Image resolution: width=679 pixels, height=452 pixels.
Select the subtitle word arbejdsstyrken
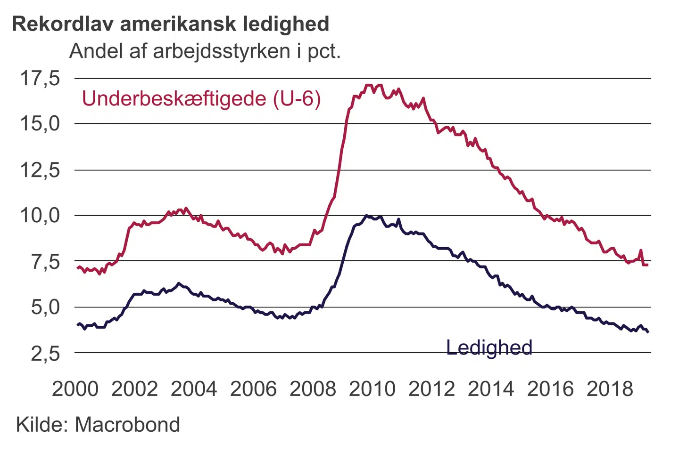[x=221, y=51]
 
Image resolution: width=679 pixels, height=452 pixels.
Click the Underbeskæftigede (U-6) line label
[x=201, y=99]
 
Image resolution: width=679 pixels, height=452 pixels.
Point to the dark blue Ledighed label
[x=489, y=347]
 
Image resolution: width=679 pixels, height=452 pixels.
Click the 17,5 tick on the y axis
[x=40, y=78]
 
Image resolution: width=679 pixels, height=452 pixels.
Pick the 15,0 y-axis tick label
[x=40, y=124]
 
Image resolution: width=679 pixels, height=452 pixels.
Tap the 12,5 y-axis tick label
[x=40, y=170]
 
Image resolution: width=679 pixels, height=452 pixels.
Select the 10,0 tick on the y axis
[x=40, y=216]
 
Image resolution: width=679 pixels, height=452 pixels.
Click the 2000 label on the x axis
[x=75, y=389]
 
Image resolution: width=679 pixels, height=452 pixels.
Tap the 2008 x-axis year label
[x=313, y=389]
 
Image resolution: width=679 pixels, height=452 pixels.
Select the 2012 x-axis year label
[x=431, y=389]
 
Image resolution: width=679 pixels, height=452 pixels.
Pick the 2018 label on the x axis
[x=610, y=389]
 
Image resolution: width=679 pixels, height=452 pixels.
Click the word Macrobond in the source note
[x=127, y=425]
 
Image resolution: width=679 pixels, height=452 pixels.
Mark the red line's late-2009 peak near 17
[x=369, y=86]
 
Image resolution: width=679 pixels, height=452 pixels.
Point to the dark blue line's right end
[x=648, y=332]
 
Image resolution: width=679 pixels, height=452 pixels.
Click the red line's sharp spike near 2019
[x=640, y=250]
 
